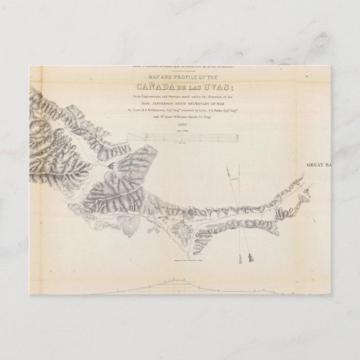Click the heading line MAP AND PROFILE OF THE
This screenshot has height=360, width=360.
point(181,77)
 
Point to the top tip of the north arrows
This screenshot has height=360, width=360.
point(229,168)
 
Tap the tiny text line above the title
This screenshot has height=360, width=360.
point(181,67)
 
